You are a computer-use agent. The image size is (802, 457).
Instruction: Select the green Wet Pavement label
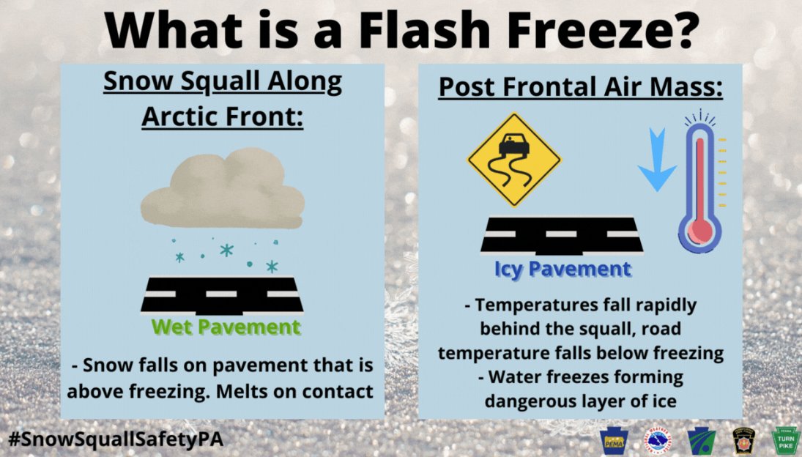226,327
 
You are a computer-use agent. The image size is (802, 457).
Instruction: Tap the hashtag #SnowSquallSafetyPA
116,439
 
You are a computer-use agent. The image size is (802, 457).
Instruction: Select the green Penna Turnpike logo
786,440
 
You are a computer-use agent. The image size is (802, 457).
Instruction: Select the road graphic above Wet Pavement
222,293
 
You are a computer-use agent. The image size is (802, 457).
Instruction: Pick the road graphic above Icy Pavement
562,236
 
